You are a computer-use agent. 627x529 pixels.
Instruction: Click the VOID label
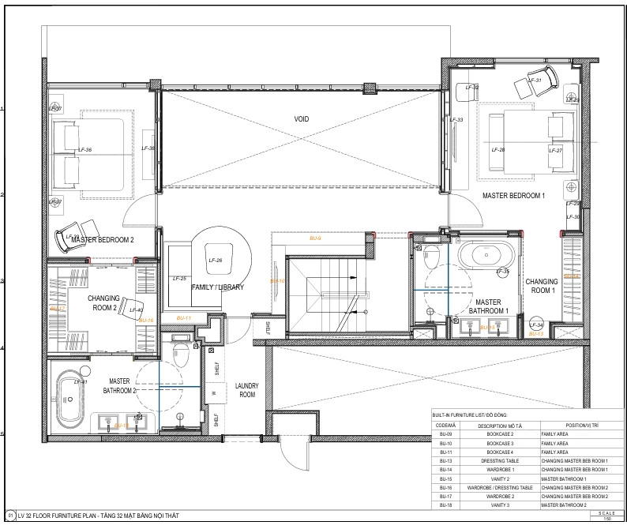pos(302,119)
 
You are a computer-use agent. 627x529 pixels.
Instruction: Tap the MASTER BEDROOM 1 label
pos(514,195)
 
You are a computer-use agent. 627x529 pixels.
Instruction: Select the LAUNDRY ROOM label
pos(247,389)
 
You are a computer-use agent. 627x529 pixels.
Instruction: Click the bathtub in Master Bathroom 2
pos(68,400)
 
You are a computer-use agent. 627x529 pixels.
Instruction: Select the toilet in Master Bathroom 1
pos(430,257)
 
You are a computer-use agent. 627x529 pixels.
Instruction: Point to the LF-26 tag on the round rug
pos(215,260)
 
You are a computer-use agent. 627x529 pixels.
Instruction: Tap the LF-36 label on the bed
pos(84,149)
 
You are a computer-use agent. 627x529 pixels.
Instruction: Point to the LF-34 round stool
pos(536,325)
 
